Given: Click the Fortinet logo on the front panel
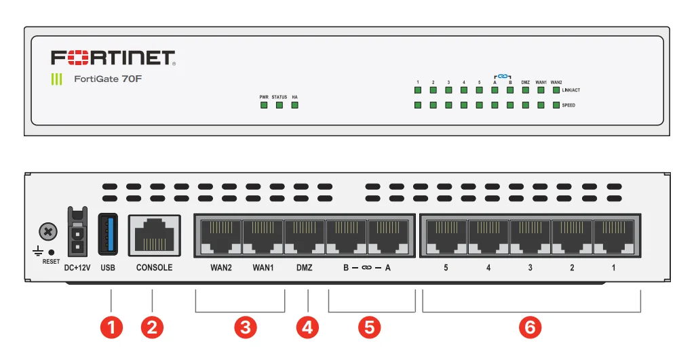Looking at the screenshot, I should pyautogui.click(x=114, y=58).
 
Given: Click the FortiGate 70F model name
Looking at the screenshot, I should pyautogui.click(x=108, y=79).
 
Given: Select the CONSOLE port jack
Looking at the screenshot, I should pyautogui.click(x=154, y=236).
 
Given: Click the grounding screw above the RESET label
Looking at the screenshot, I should pyautogui.click(x=47, y=232).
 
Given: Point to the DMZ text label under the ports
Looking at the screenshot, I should pyautogui.click(x=305, y=268).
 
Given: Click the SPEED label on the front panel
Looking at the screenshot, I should pyautogui.click(x=568, y=106).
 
